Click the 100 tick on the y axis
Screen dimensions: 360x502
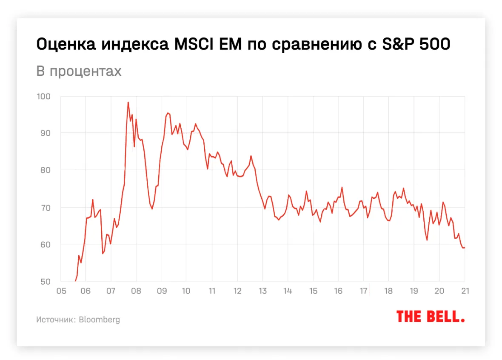[x=44, y=97]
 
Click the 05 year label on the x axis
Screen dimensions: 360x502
[x=61, y=291]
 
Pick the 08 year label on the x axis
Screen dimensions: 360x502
[x=136, y=291]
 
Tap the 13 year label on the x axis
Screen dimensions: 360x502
[x=262, y=291]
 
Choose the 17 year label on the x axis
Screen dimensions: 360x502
[x=363, y=291]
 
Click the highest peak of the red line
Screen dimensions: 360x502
[x=128, y=102]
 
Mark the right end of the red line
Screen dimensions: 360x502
[x=464, y=248]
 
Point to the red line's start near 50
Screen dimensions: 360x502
[x=75, y=281]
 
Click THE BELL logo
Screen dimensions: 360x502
[x=430, y=317]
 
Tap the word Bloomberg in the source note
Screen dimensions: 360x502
[x=100, y=320]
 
